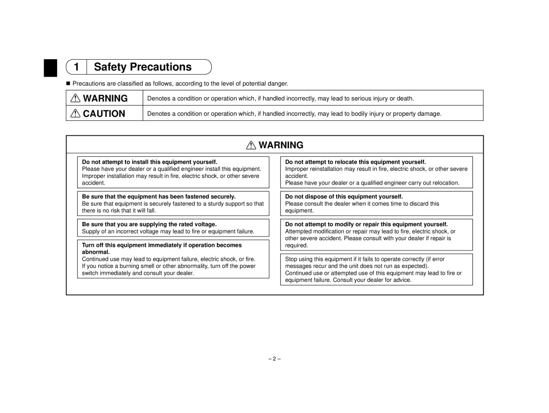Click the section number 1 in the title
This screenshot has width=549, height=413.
77,67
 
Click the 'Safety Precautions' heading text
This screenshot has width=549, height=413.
143,67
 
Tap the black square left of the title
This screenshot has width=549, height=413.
50,68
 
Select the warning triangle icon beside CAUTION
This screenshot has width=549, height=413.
75,114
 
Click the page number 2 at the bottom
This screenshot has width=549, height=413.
274,358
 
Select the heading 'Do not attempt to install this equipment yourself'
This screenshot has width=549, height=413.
150,161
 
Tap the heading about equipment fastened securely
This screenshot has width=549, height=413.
158,196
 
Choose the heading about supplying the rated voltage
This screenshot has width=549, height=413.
149,224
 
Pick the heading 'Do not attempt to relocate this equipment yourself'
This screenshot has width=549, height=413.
355,161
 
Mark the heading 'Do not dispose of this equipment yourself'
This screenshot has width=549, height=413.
344,196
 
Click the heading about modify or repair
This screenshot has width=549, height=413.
367,224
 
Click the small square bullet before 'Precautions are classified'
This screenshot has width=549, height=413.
68,83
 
